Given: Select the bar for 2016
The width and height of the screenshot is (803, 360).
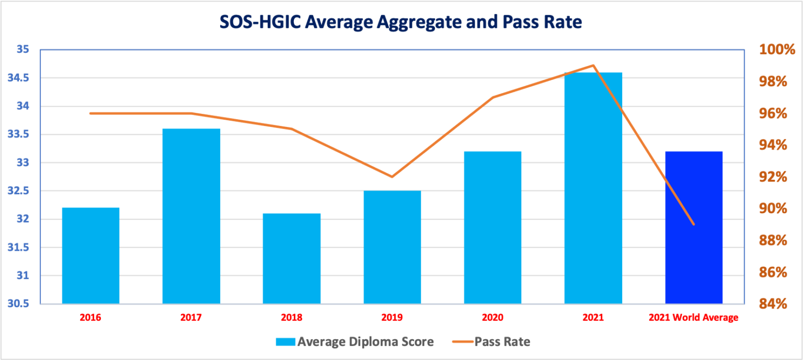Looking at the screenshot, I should click(x=90, y=256).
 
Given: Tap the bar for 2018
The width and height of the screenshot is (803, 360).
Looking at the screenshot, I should click(x=292, y=258).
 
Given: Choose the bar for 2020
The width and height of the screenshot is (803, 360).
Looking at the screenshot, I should click(x=493, y=227).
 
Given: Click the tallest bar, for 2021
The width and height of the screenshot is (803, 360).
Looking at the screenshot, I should click(x=593, y=188).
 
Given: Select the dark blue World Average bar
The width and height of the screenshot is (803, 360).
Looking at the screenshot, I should click(x=694, y=227).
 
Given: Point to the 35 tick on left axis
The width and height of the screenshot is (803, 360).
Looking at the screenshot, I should click(x=25, y=50).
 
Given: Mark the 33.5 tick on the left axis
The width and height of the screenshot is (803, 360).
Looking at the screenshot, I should click(x=20, y=135).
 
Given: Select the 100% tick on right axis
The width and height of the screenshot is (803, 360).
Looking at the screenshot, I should click(x=777, y=50).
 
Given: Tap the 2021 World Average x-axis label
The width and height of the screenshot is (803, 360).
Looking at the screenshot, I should click(x=694, y=318).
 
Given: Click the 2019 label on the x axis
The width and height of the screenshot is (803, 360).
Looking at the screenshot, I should click(x=392, y=318).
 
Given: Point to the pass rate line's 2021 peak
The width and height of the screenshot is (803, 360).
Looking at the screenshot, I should click(x=593, y=65).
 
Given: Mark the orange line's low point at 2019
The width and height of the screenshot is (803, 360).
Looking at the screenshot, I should click(x=392, y=177).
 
